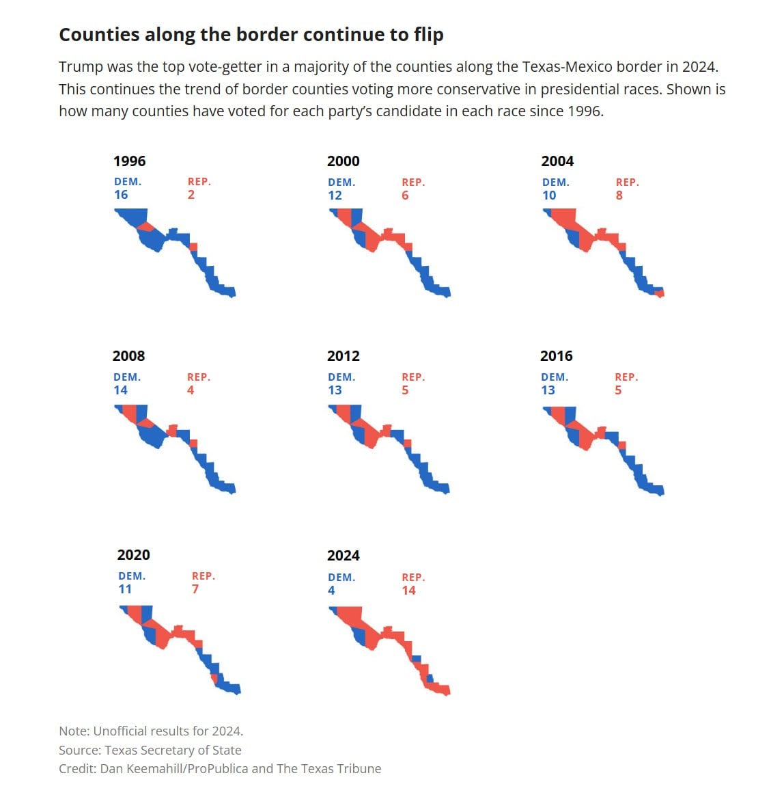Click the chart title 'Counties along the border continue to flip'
tap(251, 35)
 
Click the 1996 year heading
tap(130, 161)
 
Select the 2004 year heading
tap(557, 161)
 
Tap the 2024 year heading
tap(344, 556)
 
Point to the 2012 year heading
tap(344, 356)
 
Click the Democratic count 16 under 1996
tap(121, 195)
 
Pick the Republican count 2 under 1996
tap(191, 195)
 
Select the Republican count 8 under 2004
tap(619, 195)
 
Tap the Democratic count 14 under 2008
tap(120, 390)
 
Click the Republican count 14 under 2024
tap(409, 590)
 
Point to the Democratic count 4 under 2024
tap(332, 590)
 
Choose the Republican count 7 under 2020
tap(195, 589)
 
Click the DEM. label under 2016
tap(555, 377)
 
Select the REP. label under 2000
tap(413, 182)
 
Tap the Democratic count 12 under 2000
tap(335, 195)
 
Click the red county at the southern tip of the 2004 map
tap(660, 293)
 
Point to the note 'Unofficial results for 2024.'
tap(168, 731)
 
